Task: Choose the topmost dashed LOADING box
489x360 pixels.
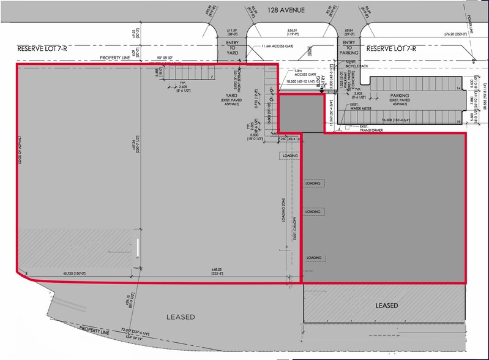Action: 291,156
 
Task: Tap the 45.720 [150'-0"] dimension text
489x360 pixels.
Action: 73,274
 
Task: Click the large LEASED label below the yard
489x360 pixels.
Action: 181,317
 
